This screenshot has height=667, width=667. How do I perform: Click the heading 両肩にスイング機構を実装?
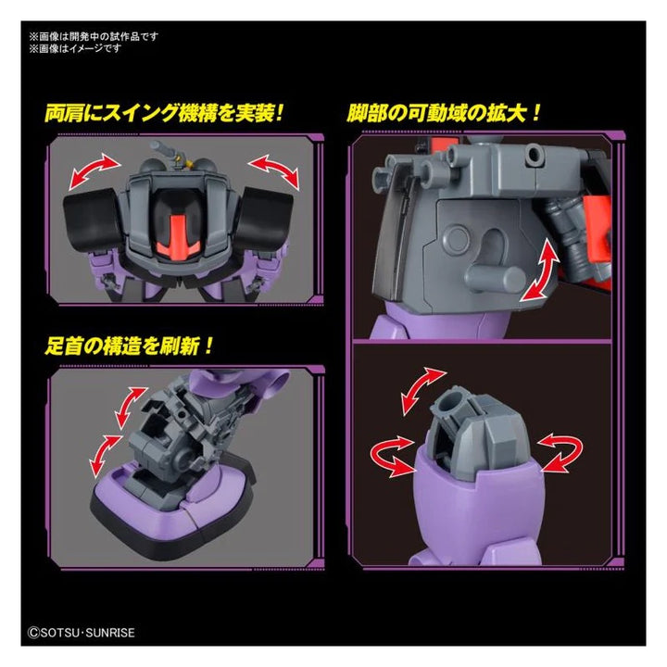(164, 114)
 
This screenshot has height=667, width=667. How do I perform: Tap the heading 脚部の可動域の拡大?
(444, 114)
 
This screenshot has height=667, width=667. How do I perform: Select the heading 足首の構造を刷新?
(129, 346)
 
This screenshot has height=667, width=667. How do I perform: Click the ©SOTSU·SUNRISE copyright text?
(82, 633)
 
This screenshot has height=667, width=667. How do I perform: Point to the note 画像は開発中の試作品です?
(94, 36)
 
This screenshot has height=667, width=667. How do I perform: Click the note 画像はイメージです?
(75, 48)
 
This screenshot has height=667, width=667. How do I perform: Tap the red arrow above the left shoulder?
(94, 171)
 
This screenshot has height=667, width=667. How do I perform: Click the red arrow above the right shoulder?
(274, 171)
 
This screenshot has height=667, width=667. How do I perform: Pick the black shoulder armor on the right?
(264, 218)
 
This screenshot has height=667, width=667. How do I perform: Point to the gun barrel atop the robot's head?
(164, 150)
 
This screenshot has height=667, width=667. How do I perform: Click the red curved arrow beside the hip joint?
(540, 271)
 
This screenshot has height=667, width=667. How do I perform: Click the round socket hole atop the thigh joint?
(448, 401)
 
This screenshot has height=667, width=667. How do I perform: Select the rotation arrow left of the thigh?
(392, 455)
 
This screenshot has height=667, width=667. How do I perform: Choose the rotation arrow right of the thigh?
(560, 452)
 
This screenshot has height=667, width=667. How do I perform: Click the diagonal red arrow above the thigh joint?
(423, 391)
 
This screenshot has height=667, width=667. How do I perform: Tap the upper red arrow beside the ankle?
(130, 408)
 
